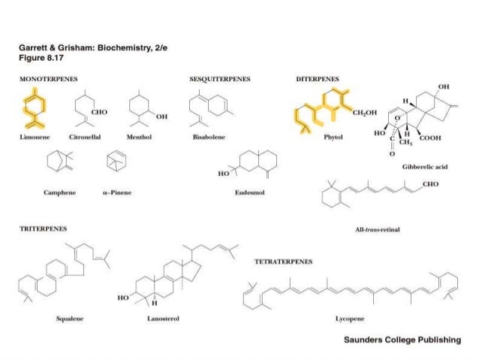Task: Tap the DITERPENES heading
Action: click(x=318, y=77)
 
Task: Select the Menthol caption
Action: click(x=141, y=138)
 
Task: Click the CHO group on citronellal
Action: click(x=97, y=111)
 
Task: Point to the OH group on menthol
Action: click(x=162, y=116)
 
